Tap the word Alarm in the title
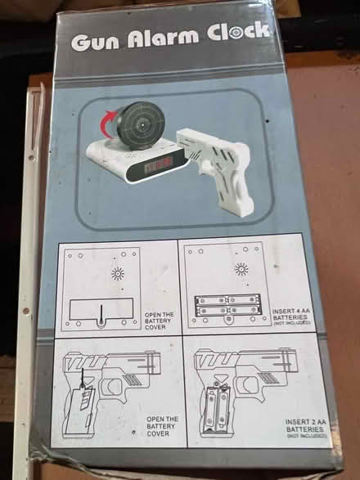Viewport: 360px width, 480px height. pos(168,38)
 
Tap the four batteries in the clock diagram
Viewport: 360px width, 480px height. pos(227,305)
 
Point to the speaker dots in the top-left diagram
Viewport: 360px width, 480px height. pos(117,274)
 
